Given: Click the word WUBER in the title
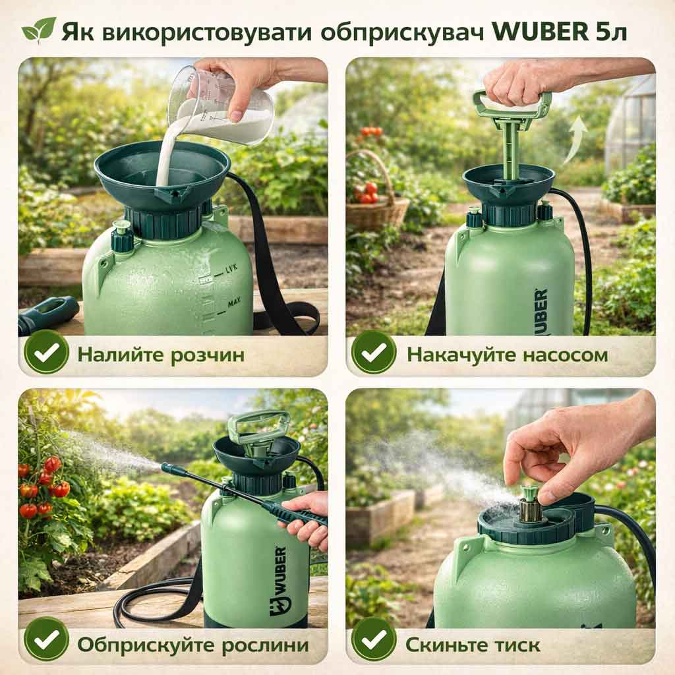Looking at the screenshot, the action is (x=540, y=32).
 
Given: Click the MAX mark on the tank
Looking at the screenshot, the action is (x=235, y=303).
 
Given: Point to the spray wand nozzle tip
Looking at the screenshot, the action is (x=165, y=467).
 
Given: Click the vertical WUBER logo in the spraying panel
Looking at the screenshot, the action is (x=279, y=581).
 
